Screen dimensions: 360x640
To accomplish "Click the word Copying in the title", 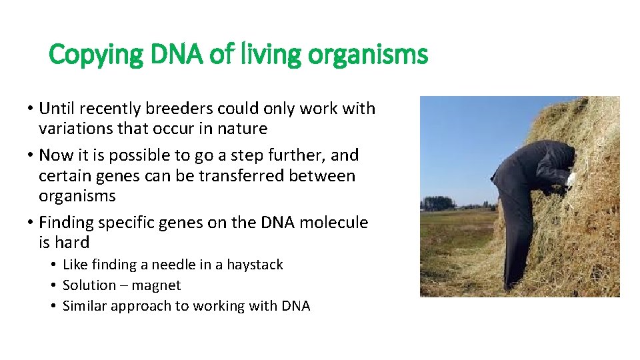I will [x=93, y=55].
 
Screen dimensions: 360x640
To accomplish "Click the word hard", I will [x=72, y=243].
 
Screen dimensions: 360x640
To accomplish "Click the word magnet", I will [x=156, y=285].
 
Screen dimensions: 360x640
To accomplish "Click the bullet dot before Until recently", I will [x=31, y=109].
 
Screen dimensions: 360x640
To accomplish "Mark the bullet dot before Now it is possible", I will [x=31, y=156].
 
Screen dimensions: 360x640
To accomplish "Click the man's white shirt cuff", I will [x=571, y=179].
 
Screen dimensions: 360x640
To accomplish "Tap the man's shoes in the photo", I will [x=510, y=287].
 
